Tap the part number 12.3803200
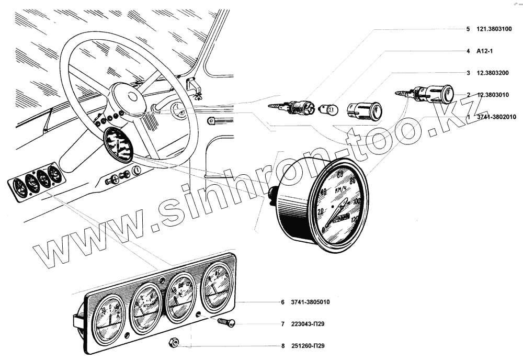click(x=495, y=73)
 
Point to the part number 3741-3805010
click(x=312, y=302)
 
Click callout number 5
click(x=468, y=30)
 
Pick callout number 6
click(x=282, y=302)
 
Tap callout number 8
click(x=282, y=346)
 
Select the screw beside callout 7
click(x=226, y=322)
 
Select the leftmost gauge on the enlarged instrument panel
click(x=108, y=320)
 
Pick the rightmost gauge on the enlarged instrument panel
click(x=217, y=287)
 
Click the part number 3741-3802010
click(x=496, y=117)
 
